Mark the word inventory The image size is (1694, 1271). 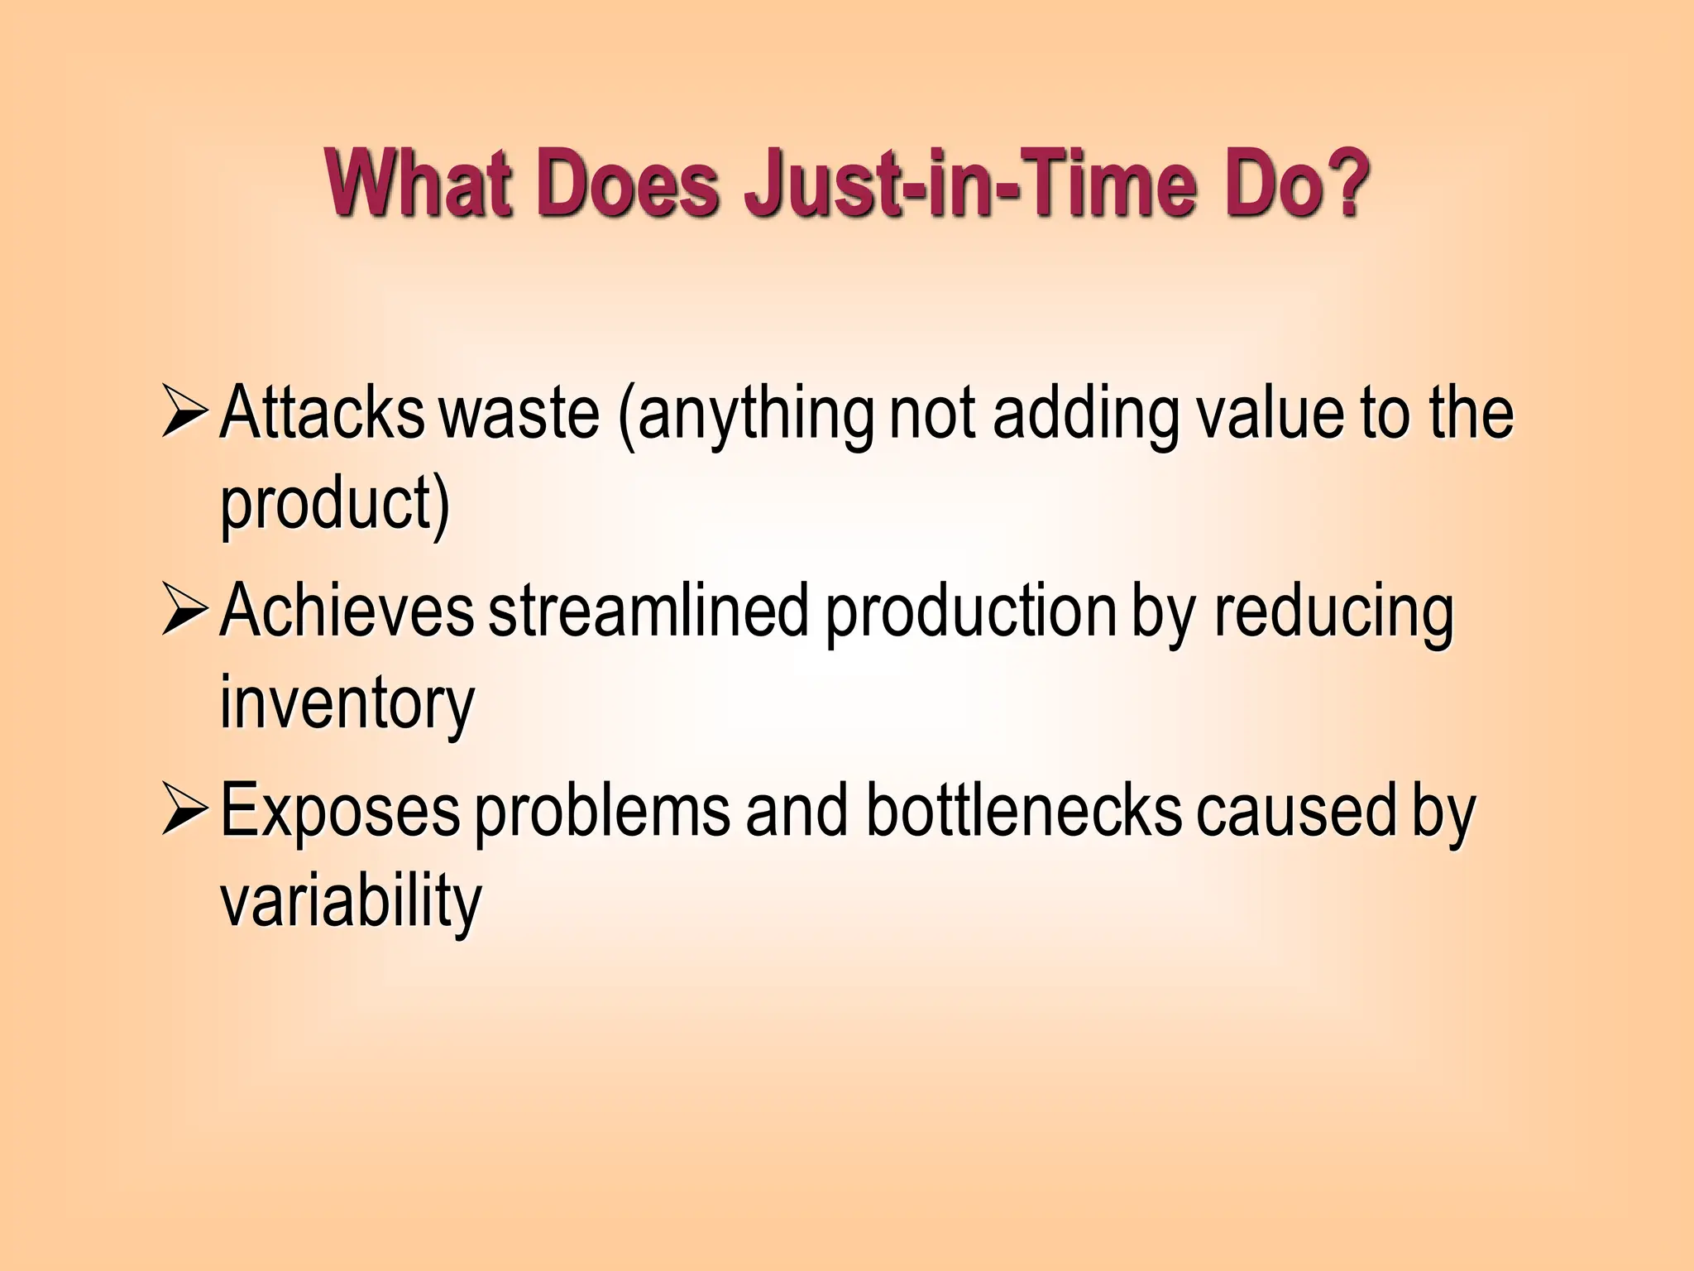347,705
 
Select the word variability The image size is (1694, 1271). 351,903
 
